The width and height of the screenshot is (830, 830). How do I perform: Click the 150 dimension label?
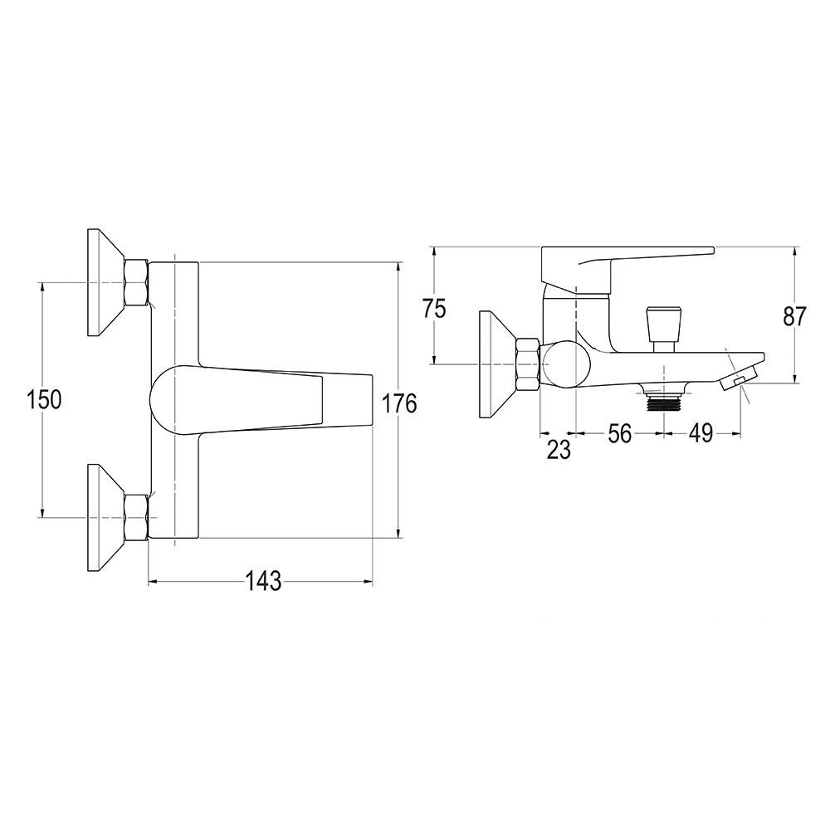(45, 400)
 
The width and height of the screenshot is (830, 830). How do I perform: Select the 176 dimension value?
(400, 404)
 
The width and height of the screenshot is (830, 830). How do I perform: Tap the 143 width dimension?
(263, 583)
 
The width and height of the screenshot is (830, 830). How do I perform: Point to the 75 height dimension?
(434, 309)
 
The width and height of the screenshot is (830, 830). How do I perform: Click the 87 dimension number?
(793, 316)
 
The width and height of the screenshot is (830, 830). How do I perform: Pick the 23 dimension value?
(559, 449)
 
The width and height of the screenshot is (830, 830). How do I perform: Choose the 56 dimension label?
(619, 434)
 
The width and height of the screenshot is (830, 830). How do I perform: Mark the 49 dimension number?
(701, 434)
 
